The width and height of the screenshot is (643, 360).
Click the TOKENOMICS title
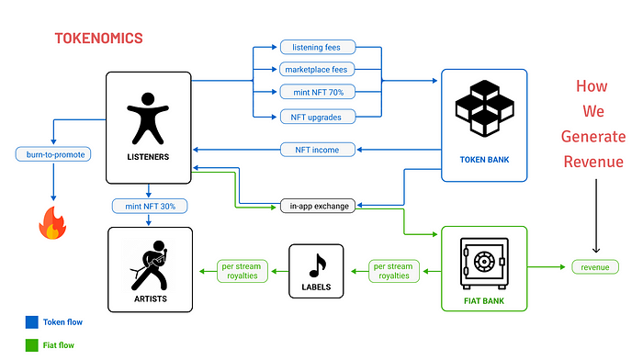tap(99, 39)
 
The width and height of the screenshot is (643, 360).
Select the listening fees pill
tap(316, 47)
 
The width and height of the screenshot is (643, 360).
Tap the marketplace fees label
tap(316, 70)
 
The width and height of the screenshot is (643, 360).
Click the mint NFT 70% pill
tap(316, 93)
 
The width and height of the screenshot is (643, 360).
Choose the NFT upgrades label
tap(316, 117)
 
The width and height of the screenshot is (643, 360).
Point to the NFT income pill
tap(316, 150)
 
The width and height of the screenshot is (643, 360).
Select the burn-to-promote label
tap(51, 154)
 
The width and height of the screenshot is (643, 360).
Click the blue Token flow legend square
tap(31, 322)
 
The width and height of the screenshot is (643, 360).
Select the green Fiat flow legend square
tap(31, 346)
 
